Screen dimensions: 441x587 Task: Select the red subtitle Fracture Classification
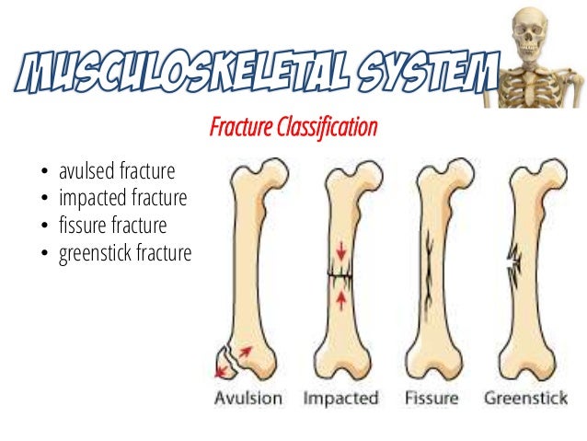point(293,126)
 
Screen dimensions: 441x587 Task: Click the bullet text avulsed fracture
point(117,172)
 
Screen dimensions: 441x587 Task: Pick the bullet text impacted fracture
point(122,198)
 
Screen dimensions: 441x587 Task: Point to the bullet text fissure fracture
point(113,225)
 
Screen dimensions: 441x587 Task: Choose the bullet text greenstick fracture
point(125,251)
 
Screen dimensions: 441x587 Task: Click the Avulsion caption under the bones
point(248,399)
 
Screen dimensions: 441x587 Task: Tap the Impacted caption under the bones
point(340,399)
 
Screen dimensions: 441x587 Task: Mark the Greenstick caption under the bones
point(526,399)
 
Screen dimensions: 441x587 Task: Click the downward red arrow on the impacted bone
point(340,250)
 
